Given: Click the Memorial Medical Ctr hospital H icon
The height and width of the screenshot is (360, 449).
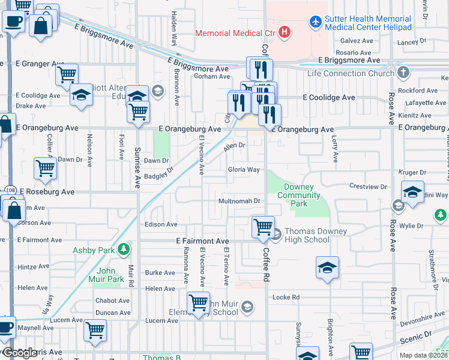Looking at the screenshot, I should pyautogui.click(x=285, y=31).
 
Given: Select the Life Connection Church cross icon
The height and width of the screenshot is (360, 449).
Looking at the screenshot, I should pyautogui.click(x=403, y=73).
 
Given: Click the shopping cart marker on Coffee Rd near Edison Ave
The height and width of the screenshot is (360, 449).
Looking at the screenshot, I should pyautogui.click(x=263, y=227).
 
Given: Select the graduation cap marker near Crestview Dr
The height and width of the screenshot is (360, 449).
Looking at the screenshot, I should pyautogui.click(x=412, y=193).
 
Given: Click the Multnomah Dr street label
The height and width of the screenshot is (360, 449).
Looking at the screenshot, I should pyautogui.click(x=240, y=201).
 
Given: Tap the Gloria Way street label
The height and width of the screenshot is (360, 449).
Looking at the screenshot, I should pyautogui.click(x=243, y=170).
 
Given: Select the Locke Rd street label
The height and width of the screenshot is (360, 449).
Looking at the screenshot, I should pyautogui.click(x=286, y=297).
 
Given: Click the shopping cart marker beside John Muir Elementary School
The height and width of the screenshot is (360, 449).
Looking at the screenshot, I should pyautogui.click(x=198, y=302).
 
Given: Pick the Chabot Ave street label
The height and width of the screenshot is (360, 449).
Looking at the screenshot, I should pyautogui.click(x=112, y=301).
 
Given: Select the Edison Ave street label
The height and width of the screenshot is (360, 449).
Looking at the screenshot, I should pyautogui.click(x=161, y=224).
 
